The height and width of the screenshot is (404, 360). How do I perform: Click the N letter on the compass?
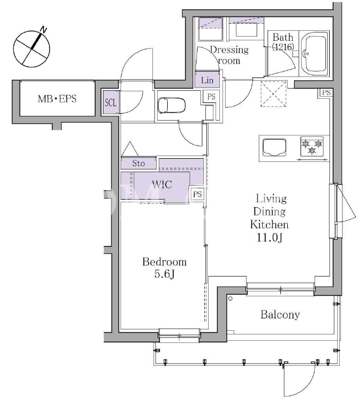[x=44, y=30]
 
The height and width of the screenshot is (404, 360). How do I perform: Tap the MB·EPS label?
[x=57, y=99]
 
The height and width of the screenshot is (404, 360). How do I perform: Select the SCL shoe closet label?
[x=110, y=103]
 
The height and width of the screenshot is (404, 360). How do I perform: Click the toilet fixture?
[x=172, y=105]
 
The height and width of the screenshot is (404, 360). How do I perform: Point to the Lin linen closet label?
[x=208, y=80]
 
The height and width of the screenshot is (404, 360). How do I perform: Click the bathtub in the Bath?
[x=314, y=54]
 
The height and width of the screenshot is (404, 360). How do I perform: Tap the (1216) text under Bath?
[x=283, y=47]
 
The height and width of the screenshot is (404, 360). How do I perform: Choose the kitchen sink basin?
[x=275, y=148]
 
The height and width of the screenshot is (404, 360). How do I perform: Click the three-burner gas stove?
[x=312, y=147]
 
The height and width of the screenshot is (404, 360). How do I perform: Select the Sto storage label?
[x=139, y=163]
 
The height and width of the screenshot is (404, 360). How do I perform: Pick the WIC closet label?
[x=162, y=184]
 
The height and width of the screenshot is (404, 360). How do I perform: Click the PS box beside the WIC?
[x=198, y=194]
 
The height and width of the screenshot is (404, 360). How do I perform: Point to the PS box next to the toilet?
[x=211, y=97]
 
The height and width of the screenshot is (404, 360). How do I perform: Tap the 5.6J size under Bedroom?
[x=165, y=274]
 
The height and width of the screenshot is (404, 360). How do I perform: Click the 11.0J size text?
[x=270, y=237]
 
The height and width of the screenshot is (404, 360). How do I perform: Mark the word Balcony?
[x=280, y=315]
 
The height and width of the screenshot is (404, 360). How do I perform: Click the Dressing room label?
[x=229, y=55]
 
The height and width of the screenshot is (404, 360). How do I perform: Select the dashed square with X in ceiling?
[x=273, y=93]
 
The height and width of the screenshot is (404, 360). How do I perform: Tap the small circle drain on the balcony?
[x=230, y=298]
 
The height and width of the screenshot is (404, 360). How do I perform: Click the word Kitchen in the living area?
[x=269, y=225]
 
